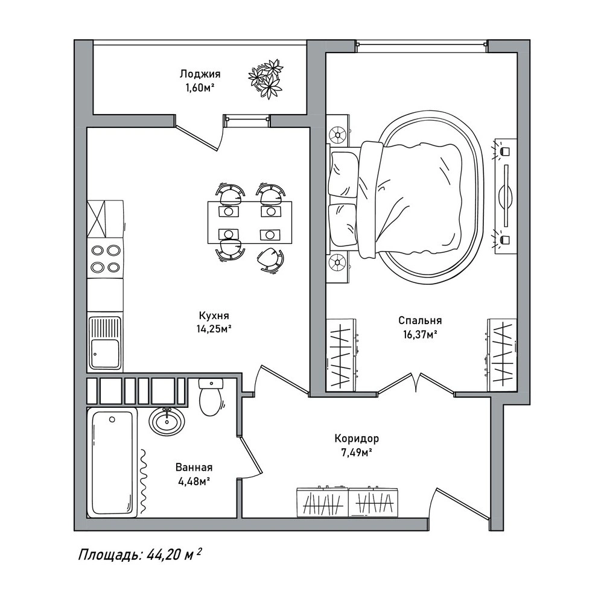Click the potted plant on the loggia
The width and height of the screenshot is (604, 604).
(x=265, y=78)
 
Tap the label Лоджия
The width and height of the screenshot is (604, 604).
(x=200, y=74)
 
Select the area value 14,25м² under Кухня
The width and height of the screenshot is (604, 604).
(x=214, y=329)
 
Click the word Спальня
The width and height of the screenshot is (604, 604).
(x=420, y=320)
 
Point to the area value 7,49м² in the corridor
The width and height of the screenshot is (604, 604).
(x=357, y=452)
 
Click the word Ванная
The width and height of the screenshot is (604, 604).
(x=194, y=467)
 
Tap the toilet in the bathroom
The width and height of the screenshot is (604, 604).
(x=211, y=397)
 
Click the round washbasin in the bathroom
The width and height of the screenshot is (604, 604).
(x=167, y=421)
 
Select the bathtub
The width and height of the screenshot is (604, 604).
(x=112, y=463)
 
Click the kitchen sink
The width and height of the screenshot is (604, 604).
(x=105, y=343)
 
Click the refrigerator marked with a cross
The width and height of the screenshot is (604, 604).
(x=105, y=218)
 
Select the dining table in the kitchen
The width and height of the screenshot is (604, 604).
(x=250, y=223)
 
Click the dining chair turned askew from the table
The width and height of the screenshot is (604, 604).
(x=271, y=259)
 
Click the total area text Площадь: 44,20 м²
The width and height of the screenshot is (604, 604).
(x=139, y=555)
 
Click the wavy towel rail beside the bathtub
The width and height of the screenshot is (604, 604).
(x=143, y=482)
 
